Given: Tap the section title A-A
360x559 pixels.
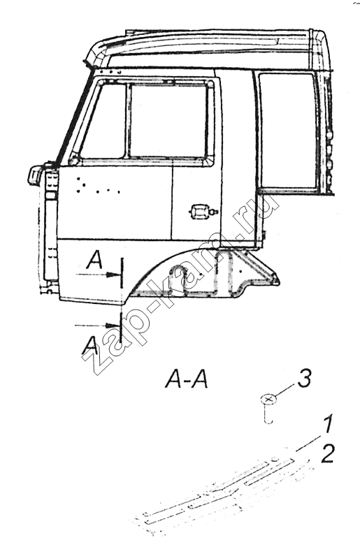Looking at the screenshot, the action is (186, 379).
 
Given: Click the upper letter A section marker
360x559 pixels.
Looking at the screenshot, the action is (94, 259).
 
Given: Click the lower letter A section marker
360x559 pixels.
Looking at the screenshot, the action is (89, 345).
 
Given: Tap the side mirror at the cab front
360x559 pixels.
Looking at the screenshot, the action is (35, 175).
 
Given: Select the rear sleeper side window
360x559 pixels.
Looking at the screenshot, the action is (287, 131).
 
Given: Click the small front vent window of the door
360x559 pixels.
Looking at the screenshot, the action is (103, 121).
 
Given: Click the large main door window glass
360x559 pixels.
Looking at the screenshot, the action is (168, 120).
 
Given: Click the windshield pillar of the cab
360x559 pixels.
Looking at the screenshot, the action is (74, 117).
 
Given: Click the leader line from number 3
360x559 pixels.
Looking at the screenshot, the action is (285, 391).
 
